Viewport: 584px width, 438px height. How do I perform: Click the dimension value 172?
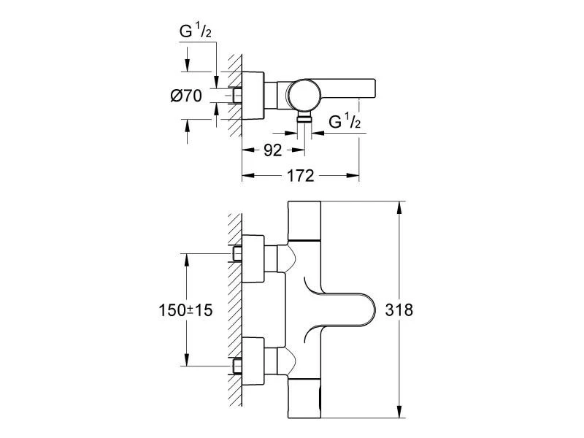pyautogui.click(x=299, y=176)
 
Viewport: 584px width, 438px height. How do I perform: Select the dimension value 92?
pyautogui.click(x=272, y=151)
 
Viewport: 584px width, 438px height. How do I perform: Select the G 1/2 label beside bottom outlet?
pyautogui.click(x=345, y=121)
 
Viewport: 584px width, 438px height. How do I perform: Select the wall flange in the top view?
pyautogui.click(x=252, y=95)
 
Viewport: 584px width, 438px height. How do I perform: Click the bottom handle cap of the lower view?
pyautogui.click(x=304, y=398)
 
